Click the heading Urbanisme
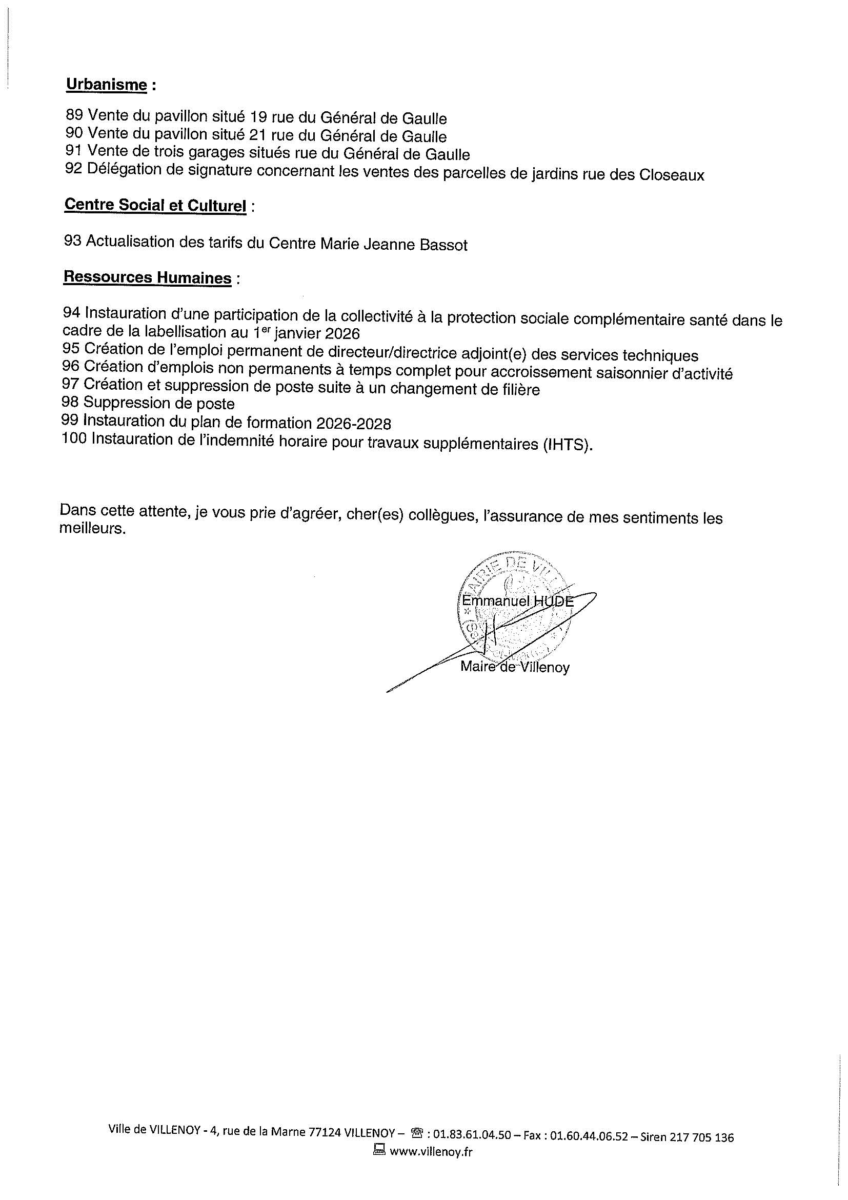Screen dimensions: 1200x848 106,85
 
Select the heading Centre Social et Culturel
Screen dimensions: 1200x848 155,205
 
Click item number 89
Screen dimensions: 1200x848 75,115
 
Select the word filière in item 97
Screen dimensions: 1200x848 517,390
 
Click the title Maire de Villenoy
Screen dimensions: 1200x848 515,667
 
